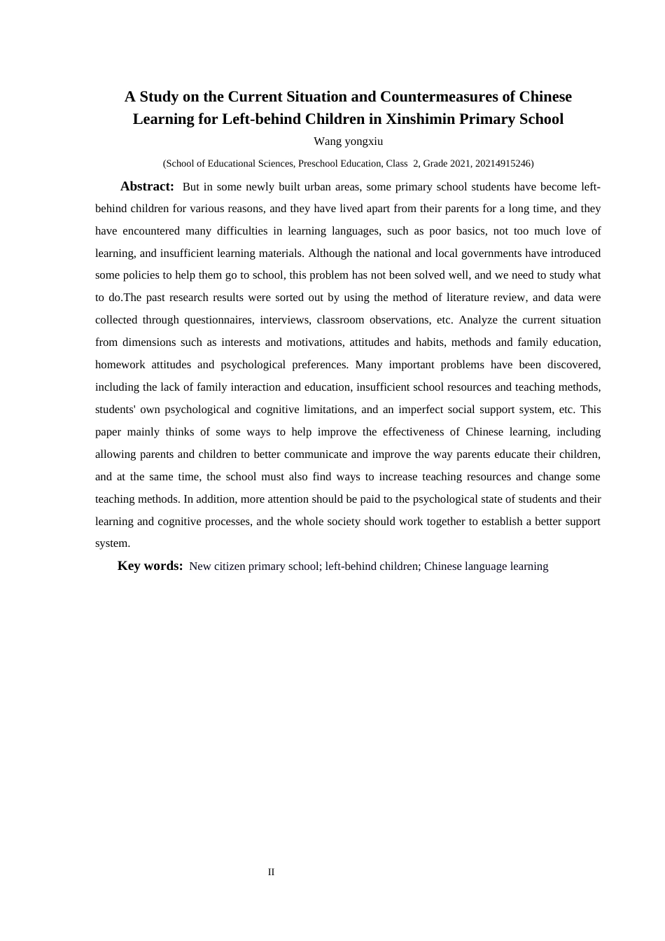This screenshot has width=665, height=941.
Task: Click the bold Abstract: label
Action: point(147,186)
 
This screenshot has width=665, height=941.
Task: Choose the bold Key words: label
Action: point(150,566)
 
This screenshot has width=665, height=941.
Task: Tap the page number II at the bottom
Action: point(271,872)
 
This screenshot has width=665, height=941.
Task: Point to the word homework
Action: point(120,365)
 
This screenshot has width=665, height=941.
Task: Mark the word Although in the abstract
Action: point(333,253)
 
